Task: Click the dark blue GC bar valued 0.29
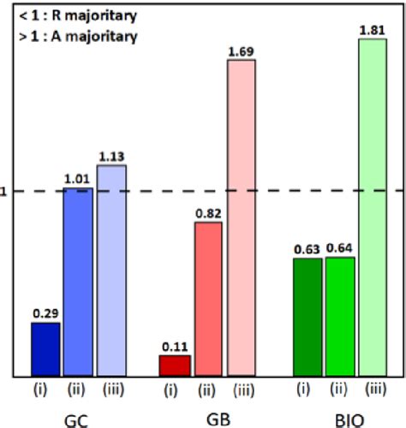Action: click(45, 349)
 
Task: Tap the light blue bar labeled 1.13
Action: click(111, 270)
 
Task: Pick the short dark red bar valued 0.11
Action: click(175, 366)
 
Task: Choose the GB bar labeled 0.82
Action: click(207, 299)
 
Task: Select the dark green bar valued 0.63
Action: click(307, 317)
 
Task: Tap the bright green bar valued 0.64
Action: click(339, 316)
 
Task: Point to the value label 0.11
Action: click(175, 348)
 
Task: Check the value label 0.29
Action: click(45, 314)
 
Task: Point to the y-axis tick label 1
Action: click(3, 192)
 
